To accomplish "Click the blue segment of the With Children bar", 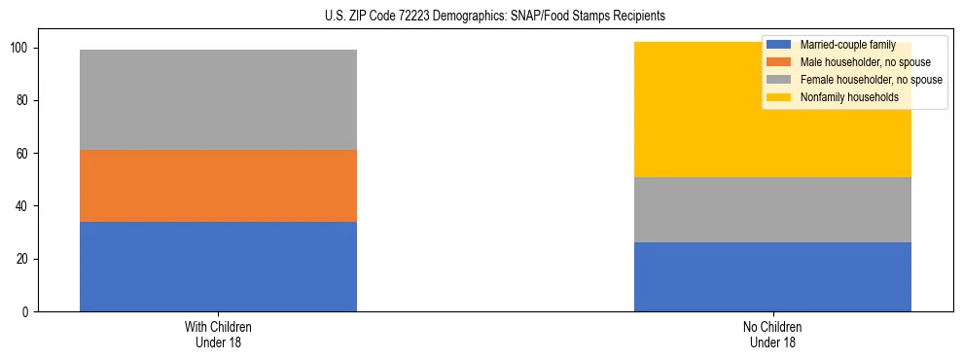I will pos(218,267).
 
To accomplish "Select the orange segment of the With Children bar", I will pos(218,186).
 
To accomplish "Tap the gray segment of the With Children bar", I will pos(218,99).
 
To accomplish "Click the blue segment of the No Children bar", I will pos(772,277).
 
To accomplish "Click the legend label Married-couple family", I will pos(845,45).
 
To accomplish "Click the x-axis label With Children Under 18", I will pos(218,334).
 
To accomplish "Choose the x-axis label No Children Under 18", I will pos(772,334).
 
